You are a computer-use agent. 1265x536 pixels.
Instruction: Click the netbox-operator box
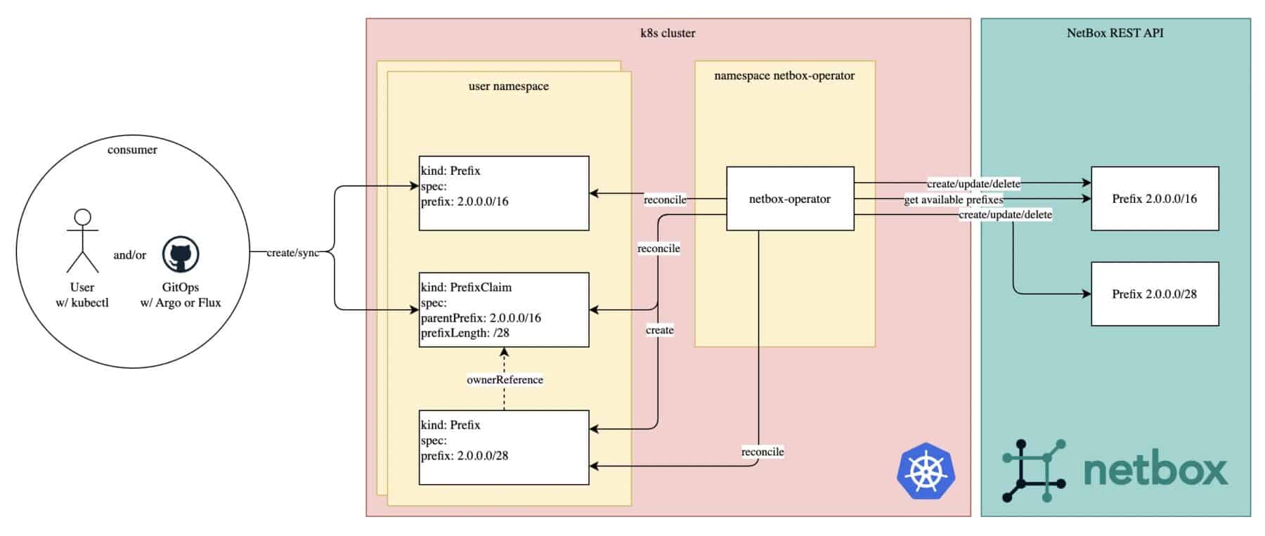[789, 199]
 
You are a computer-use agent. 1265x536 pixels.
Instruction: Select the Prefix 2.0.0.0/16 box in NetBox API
[1154, 199]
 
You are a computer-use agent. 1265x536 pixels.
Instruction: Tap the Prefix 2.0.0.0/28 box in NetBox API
[1154, 294]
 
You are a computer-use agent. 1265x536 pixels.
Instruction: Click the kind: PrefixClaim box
[503, 310]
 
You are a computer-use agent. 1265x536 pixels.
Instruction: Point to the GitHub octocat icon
[181, 254]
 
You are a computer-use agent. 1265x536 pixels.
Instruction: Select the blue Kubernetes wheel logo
[926, 471]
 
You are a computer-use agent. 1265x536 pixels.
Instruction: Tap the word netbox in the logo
[1155, 470]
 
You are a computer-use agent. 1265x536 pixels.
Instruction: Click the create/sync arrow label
[293, 253]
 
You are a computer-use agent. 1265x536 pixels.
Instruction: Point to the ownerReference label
[505, 380]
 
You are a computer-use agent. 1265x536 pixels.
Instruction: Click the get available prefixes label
[953, 200]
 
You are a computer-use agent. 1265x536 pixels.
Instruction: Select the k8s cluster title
[668, 33]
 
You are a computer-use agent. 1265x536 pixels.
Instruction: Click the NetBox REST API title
[1115, 33]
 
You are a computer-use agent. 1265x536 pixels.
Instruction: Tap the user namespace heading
[508, 86]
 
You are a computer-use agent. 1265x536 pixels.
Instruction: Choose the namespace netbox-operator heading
[784, 76]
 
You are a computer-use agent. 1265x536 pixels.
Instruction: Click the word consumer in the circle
[132, 150]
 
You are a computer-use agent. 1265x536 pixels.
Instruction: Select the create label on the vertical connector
[659, 330]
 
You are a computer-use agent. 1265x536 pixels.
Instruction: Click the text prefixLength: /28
[465, 333]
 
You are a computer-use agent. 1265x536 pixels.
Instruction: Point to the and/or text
[130, 255]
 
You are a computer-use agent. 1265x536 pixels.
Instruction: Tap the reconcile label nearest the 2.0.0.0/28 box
[763, 452]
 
